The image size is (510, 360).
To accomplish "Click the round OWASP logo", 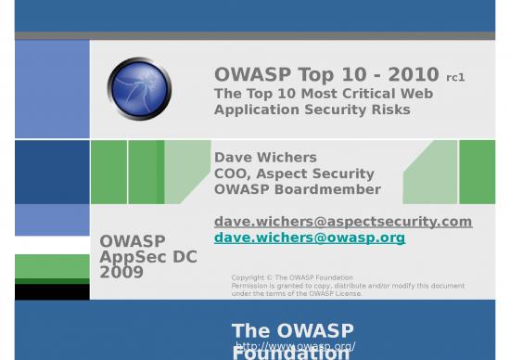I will click(139, 89).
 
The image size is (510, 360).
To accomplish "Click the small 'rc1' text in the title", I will click(455, 78).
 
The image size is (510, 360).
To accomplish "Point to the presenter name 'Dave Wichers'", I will click(265, 157).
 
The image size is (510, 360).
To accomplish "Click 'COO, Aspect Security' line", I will click(294, 174).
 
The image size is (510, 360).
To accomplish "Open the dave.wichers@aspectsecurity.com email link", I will click(343, 221).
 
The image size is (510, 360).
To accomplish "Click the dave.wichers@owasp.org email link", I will click(310, 238).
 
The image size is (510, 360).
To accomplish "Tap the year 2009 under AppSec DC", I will click(121, 273).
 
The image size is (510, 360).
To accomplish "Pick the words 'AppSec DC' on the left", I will click(148, 257).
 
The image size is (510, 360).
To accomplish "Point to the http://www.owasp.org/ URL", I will click(295, 346).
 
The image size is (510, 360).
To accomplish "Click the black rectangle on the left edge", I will click(52, 291).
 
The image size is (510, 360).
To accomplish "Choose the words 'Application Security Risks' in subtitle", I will click(312, 109).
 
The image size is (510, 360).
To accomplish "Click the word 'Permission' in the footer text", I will click(250, 286).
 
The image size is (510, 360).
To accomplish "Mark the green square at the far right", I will click(477, 172).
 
